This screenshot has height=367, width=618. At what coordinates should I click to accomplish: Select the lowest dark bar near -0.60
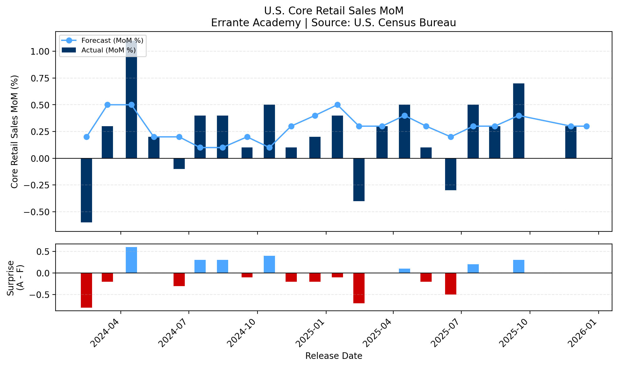coord(86,191)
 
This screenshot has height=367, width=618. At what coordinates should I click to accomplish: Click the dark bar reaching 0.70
coord(518,121)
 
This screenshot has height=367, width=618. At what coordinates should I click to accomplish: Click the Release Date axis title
coord(333,356)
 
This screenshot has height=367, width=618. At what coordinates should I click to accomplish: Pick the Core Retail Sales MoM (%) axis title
coord(14,131)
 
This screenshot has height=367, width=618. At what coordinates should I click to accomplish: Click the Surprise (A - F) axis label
coord(15,278)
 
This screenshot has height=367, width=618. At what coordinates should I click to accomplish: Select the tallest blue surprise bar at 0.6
coord(131,260)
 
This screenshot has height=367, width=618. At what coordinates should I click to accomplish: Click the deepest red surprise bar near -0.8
coord(86,290)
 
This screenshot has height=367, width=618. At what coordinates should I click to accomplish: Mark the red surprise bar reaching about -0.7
coord(359,288)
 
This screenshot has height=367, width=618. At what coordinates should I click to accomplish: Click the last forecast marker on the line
coord(586,126)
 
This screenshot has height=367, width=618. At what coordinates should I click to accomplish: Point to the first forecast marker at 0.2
coord(86,137)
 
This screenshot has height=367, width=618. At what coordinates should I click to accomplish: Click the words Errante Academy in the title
coord(256,23)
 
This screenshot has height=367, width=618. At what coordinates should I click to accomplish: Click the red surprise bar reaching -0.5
coord(450,284)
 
